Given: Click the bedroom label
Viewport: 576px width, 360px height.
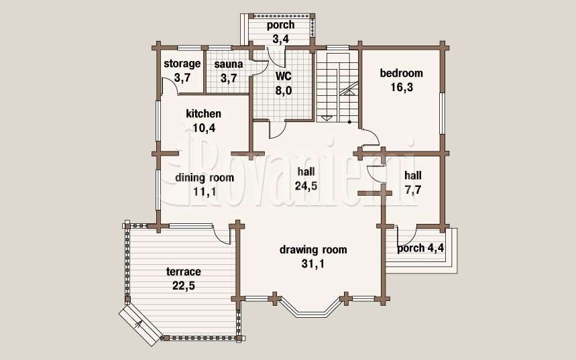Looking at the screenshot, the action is click(401, 73).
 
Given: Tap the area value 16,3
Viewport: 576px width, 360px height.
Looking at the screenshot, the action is click(402, 87).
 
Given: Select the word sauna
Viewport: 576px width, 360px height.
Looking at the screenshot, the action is click(229, 64).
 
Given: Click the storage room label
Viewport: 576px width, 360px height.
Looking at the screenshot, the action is click(182, 64).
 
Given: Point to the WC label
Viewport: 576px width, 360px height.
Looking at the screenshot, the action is click(284, 76).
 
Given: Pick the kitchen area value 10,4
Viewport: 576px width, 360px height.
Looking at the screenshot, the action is click(204, 128).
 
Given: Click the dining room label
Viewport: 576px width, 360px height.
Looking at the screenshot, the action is click(205, 178).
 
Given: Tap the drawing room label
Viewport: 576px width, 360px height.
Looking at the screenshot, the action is click(313, 250).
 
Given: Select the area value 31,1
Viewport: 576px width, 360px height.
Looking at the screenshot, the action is click(313, 263).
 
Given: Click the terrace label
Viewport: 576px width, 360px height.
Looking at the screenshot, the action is click(184, 272).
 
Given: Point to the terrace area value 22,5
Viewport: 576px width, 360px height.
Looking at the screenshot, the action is click(184, 286).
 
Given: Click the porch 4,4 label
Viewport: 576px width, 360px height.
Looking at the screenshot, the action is click(420, 249).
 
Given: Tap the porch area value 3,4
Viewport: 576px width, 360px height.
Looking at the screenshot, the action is click(281, 39).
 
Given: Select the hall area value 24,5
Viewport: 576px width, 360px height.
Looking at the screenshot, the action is click(306, 186).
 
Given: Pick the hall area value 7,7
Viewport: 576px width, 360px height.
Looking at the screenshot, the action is click(413, 190).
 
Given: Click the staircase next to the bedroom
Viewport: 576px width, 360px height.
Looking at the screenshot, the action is click(337, 87).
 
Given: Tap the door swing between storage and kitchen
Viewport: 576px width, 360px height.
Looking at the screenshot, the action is click(170, 86).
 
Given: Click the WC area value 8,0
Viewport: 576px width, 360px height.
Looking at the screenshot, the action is click(284, 91).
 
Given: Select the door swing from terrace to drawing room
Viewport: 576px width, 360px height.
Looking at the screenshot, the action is click(221, 235).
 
